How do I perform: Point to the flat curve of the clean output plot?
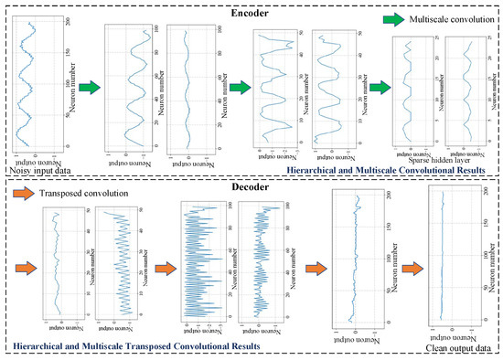click(x=442, y=265)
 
